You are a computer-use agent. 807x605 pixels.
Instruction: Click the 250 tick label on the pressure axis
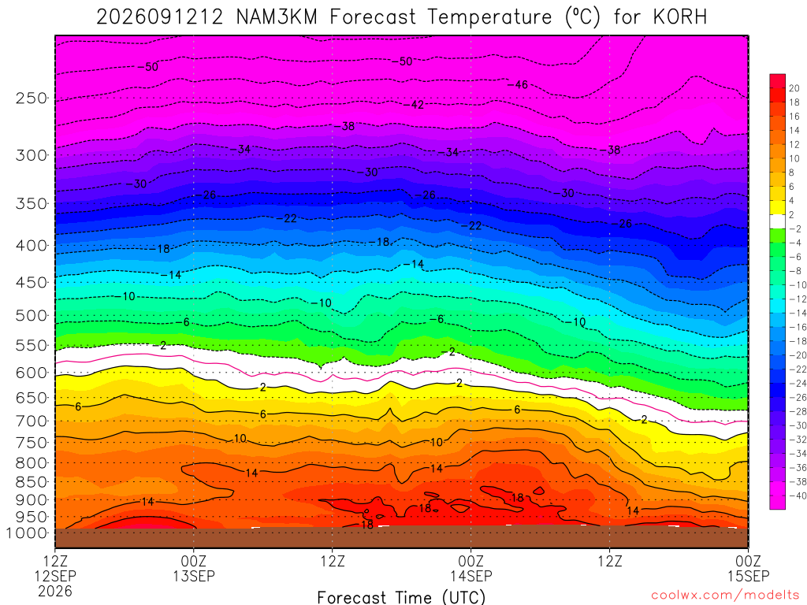click(32, 98)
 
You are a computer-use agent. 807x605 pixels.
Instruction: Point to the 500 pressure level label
click(32, 315)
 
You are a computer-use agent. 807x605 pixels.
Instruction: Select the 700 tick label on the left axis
click(32, 421)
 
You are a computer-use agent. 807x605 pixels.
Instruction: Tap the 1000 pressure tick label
click(28, 533)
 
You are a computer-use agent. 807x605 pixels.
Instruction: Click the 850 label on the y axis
click(32, 482)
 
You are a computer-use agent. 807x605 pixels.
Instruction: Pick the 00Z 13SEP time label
click(194, 568)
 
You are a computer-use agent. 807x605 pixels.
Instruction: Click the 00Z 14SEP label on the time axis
click(471, 568)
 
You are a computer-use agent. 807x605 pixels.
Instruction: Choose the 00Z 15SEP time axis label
click(749, 568)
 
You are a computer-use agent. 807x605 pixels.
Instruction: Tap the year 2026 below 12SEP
click(55, 591)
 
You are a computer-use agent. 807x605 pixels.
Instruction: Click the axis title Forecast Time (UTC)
click(401, 597)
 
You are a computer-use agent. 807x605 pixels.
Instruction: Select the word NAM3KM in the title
click(277, 17)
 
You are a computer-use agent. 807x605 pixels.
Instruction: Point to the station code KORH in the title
click(679, 17)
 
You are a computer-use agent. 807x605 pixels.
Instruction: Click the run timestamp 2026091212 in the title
click(160, 17)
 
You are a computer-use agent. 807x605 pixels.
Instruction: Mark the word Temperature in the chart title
click(490, 17)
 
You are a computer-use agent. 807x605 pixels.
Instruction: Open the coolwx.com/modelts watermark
click(725, 596)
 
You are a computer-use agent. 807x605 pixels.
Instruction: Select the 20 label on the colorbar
click(794, 88)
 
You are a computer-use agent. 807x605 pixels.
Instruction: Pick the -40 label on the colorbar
click(798, 496)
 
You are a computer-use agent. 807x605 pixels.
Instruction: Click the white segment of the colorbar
click(777, 221)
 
